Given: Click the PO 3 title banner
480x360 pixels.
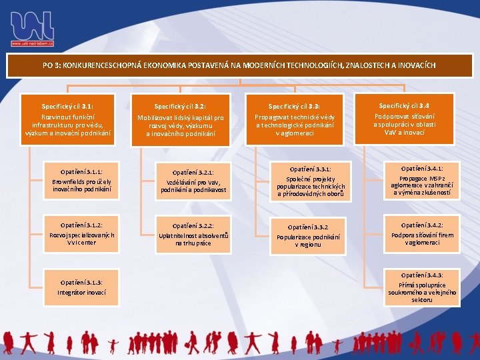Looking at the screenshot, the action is click(x=240, y=66).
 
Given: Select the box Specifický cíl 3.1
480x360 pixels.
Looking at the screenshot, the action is click(x=67, y=119).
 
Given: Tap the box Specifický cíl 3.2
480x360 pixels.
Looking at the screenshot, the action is click(x=180, y=119).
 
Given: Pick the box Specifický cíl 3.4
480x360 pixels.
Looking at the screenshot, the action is click(x=404, y=119).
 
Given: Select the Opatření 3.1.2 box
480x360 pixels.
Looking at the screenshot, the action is click(x=81, y=230).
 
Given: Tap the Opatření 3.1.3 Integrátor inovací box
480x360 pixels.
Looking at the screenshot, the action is click(x=81, y=287).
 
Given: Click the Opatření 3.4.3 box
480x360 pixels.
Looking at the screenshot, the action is click(x=421, y=287).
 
